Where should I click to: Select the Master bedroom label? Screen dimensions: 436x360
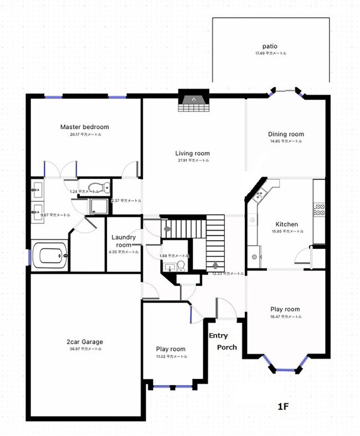click(85, 127)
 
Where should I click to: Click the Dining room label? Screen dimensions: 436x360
click(286, 134)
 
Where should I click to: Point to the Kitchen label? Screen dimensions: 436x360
click(286, 225)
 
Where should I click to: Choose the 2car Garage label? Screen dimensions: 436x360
click(85, 342)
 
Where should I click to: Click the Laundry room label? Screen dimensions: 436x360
click(123, 241)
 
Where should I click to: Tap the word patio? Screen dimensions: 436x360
click(270, 46)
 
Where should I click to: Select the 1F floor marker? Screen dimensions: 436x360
click(283, 407)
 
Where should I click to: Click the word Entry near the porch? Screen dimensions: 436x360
click(218, 336)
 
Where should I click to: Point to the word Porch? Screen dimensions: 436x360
click(227, 347)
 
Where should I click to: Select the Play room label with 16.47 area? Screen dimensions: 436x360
click(285, 309)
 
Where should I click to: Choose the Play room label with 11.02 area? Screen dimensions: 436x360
click(171, 349)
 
